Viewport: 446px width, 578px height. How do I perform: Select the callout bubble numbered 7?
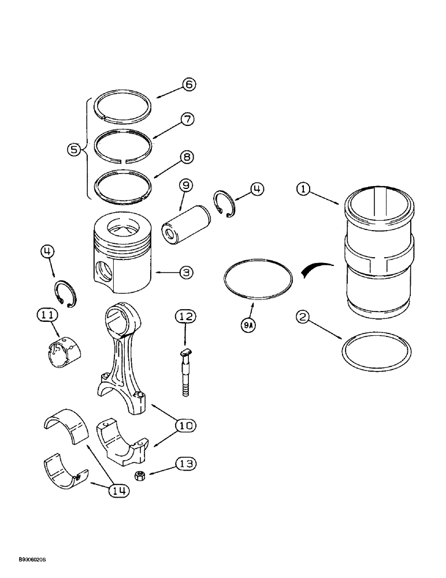coord(188,120)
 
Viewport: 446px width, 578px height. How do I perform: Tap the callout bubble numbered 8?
coord(188,156)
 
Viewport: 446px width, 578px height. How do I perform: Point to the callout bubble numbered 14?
coord(119,491)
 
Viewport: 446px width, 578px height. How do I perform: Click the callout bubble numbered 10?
coord(186,426)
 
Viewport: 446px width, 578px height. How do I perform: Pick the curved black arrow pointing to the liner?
coord(315,268)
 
